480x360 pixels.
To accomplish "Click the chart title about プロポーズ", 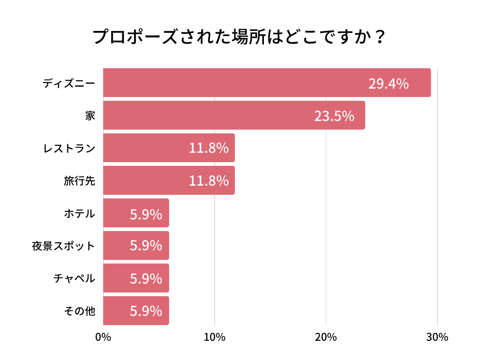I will pos(240,37).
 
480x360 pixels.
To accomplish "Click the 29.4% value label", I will pos(388,83).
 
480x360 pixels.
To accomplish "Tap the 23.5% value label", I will pos(334,116).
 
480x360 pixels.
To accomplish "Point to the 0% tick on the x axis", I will pos(103,337).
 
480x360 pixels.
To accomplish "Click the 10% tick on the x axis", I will pos(215,337).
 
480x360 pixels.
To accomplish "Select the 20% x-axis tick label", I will pos(326,337).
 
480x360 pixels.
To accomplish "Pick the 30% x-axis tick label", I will pos(437,337).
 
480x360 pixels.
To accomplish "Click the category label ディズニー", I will pos(69,83).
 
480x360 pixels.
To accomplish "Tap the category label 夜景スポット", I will pos(63,246).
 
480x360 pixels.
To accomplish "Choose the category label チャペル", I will pos(74,278).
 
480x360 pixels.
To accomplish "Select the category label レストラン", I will pos(69,149).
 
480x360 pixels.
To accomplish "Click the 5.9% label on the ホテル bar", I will pos(146,214).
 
